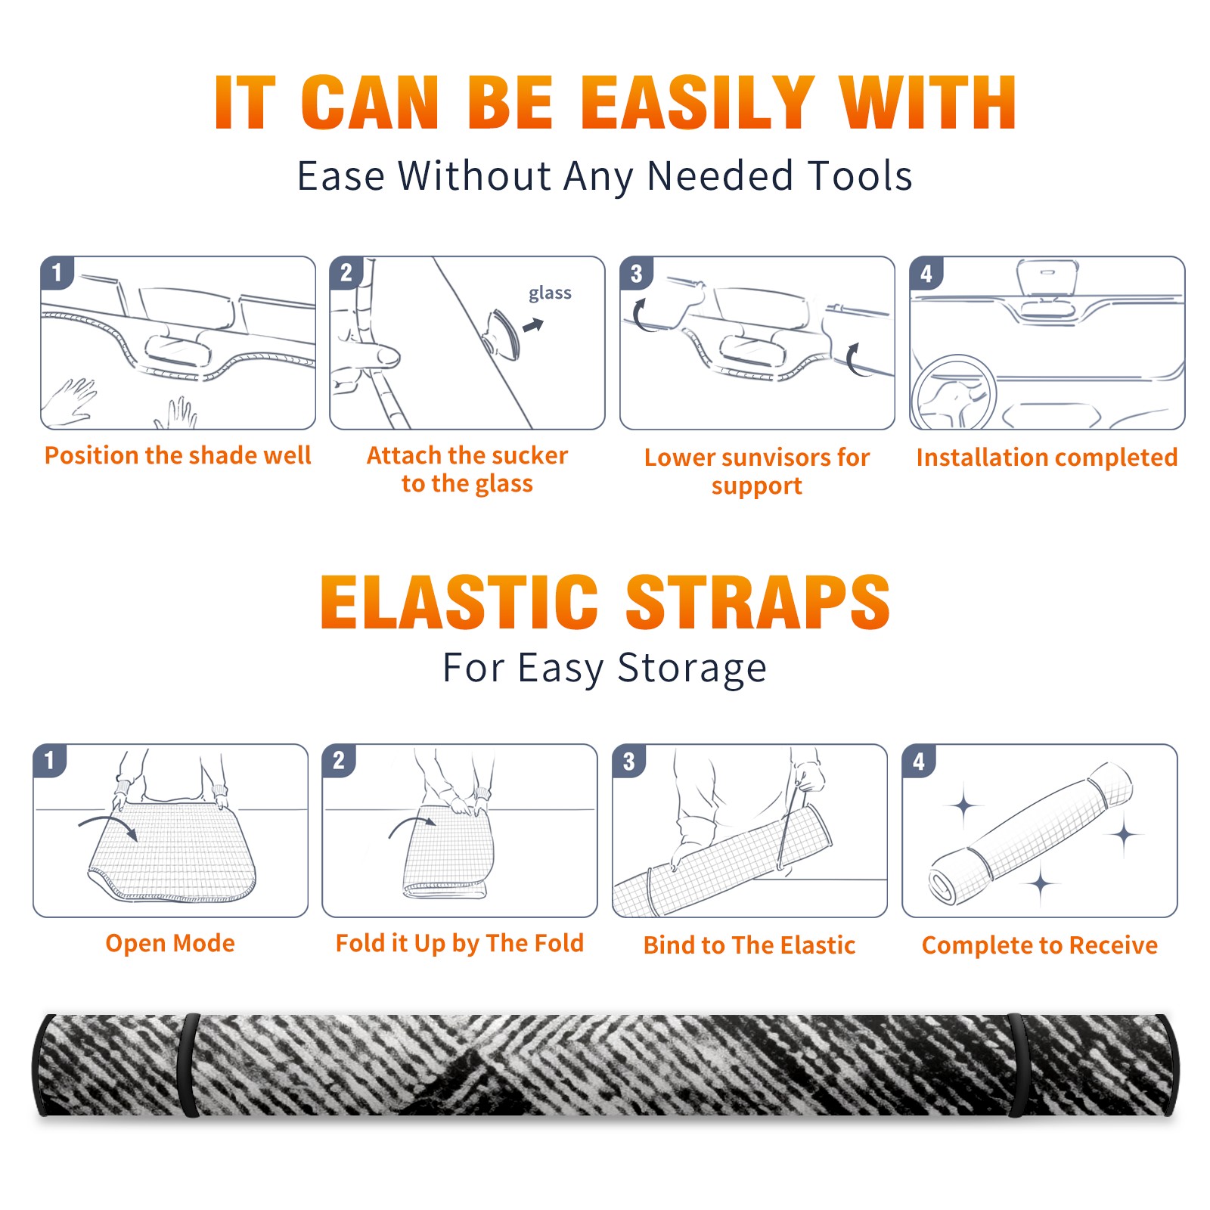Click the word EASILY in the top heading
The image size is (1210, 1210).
point(696,102)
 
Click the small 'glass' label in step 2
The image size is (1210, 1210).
point(550,293)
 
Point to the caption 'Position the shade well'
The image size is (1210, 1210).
point(178,455)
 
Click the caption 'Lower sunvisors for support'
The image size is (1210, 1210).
point(757,471)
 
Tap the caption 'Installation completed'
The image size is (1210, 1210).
point(1047,457)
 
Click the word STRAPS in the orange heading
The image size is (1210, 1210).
point(758,602)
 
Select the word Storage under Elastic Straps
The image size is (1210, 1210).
point(692,669)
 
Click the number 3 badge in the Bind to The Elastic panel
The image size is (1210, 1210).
point(629,761)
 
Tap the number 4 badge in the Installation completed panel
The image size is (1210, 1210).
point(926,273)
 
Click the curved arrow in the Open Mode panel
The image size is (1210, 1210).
point(108,825)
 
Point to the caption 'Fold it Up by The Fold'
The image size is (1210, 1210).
point(460,943)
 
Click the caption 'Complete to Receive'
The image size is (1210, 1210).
point(1040,945)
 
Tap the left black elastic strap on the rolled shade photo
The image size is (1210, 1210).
point(188,1065)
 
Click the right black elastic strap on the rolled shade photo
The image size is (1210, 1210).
point(1018,1065)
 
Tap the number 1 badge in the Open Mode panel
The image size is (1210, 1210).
point(50,761)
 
